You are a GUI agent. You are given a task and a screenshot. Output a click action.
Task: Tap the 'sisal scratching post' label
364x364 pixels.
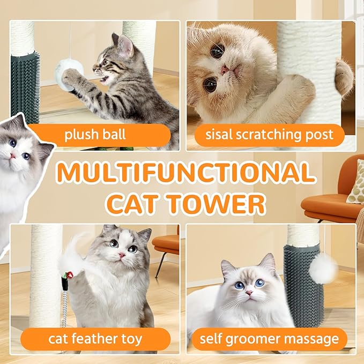coord(269,135)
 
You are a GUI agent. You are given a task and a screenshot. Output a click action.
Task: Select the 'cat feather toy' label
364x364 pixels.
coord(95,339)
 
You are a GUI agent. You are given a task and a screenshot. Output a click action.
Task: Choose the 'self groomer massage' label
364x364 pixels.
coord(269,339)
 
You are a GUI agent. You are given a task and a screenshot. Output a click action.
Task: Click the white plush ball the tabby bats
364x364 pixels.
coord(69,73)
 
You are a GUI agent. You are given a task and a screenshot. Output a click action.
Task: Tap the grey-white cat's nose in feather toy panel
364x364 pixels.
coord(122,256)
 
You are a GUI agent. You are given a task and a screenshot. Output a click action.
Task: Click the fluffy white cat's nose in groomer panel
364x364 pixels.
coord(249,293)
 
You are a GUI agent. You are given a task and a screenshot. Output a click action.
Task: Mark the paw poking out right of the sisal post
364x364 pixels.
coord(344,74)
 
